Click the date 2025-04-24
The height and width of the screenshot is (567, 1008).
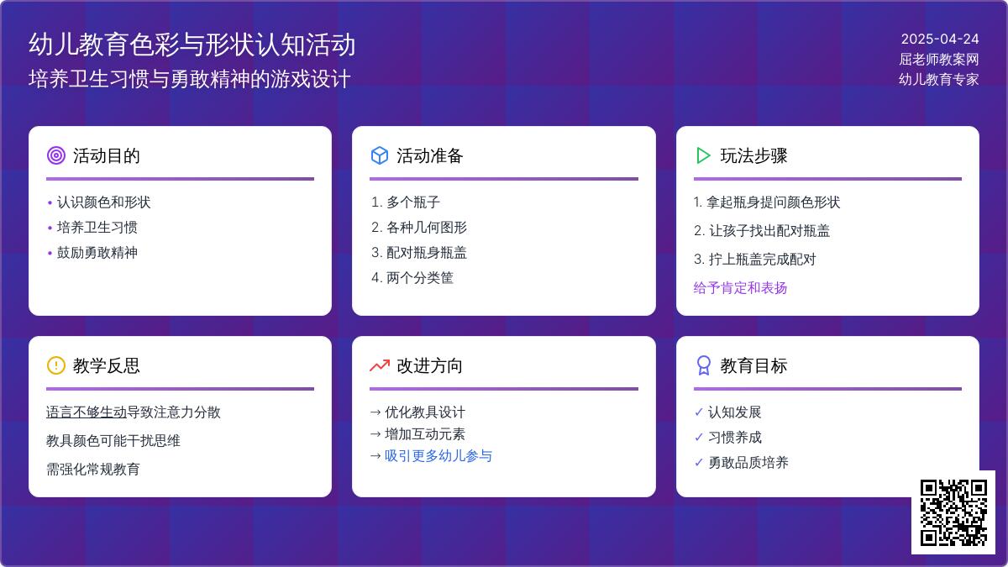point(940,39)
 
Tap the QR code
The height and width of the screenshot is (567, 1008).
point(953,512)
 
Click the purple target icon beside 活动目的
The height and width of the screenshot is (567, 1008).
point(56,155)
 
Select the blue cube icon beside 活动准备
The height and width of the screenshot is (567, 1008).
point(380,155)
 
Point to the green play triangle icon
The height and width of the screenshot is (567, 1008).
point(703,155)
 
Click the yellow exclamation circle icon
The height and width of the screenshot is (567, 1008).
point(56,365)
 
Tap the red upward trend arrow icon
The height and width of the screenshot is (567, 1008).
point(380,366)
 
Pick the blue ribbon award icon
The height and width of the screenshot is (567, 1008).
point(703,365)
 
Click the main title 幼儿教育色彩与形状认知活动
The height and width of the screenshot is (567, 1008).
point(192,45)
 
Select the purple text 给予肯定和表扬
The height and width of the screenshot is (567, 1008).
point(740,288)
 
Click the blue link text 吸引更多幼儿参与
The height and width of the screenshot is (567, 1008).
point(438,456)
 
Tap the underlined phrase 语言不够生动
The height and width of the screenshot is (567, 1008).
point(87,412)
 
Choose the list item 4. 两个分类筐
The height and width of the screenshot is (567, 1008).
point(412,278)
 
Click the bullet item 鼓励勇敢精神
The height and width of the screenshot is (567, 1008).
point(97,253)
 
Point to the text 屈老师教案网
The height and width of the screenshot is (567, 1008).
point(939,59)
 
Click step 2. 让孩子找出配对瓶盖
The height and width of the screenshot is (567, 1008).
point(762,231)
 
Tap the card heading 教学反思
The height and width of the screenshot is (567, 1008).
point(106,366)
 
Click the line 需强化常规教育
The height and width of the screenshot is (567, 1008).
point(92,470)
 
